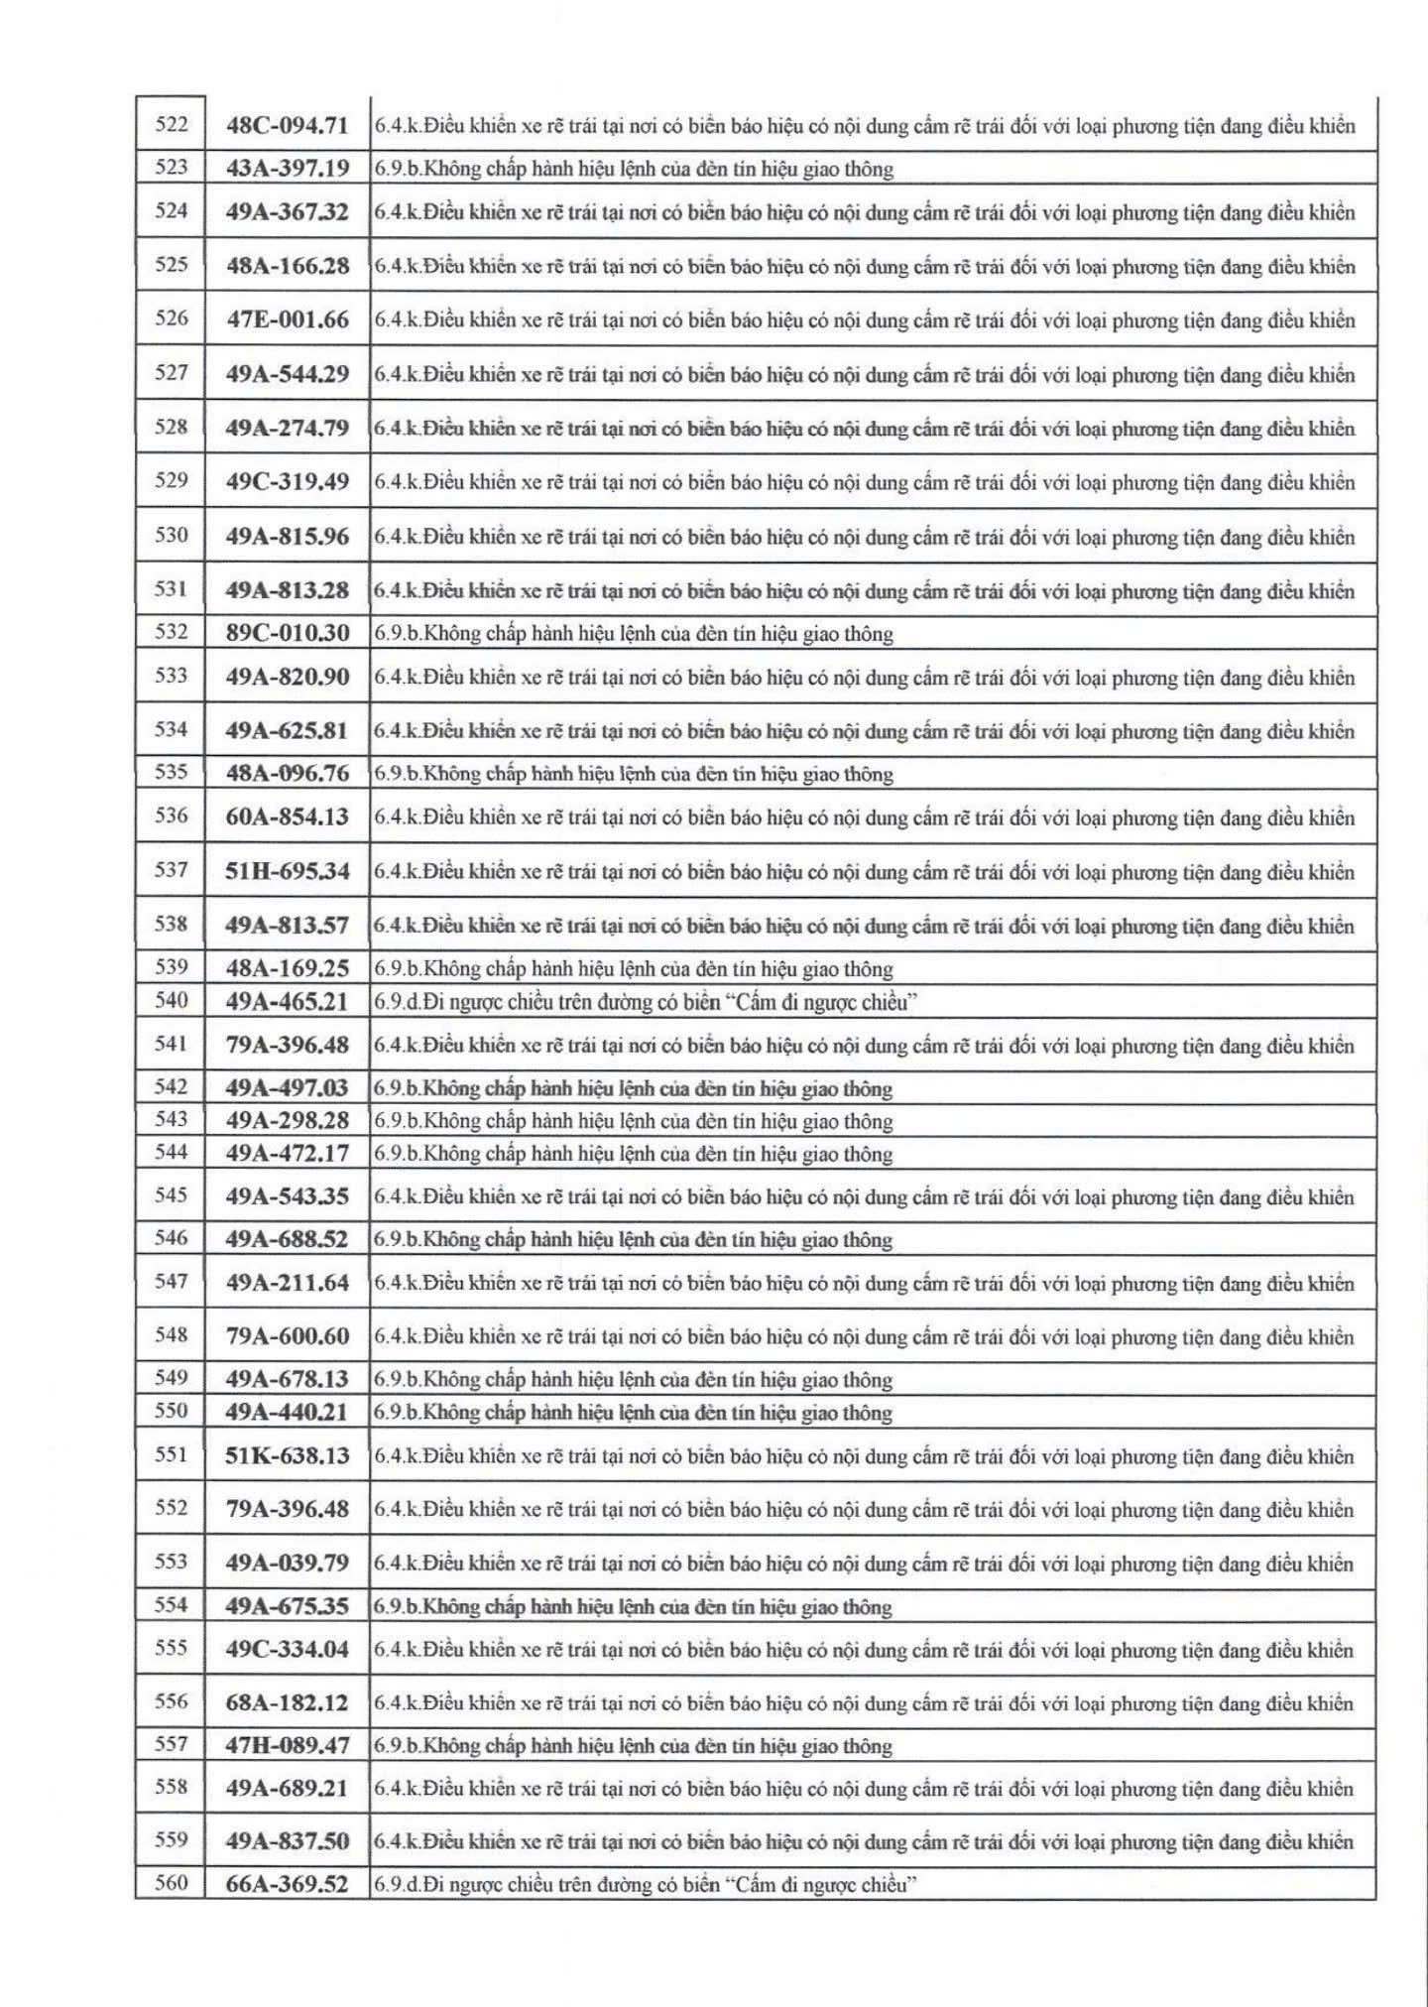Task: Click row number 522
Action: (172, 125)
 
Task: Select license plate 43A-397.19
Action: (288, 169)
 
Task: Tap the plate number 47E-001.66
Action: (288, 319)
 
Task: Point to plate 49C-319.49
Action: (288, 482)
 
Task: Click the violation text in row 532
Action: (634, 634)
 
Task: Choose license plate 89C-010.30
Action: (288, 633)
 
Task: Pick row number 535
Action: (172, 773)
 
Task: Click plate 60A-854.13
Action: (288, 817)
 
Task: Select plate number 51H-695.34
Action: (288, 871)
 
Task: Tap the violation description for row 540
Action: (645, 1002)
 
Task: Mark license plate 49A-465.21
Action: (288, 1002)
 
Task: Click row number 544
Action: (172, 1153)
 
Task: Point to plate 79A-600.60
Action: (288, 1336)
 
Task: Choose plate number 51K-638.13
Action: (288, 1455)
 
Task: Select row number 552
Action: (172, 1508)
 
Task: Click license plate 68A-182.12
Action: (288, 1702)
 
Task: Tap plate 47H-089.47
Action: (288, 1746)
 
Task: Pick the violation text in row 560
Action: (645, 1885)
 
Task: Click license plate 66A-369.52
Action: (288, 1885)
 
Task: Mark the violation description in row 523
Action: (634, 170)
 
